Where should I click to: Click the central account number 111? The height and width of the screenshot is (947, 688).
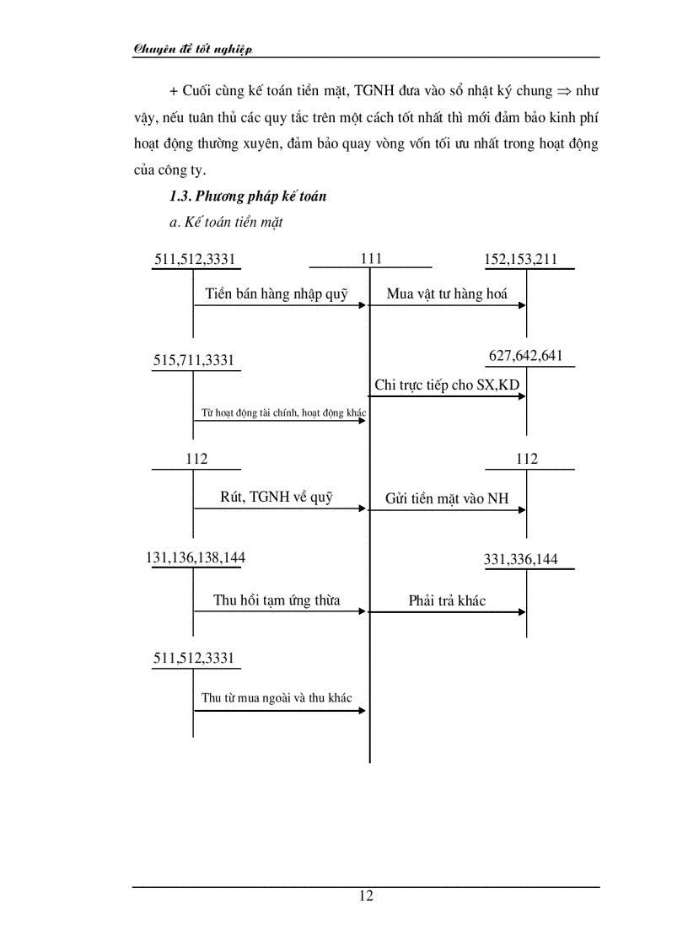(x=371, y=260)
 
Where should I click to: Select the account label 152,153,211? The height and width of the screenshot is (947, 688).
(x=520, y=260)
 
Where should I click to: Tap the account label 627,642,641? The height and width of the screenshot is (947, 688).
(x=525, y=356)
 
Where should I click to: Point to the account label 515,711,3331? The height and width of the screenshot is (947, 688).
(x=194, y=361)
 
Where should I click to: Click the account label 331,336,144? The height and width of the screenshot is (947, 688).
(x=520, y=559)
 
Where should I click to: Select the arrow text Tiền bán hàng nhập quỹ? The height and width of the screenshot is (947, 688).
(x=277, y=294)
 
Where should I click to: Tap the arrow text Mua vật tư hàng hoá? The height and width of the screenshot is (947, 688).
(x=447, y=294)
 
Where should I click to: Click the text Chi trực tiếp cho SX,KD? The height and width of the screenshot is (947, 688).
(x=447, y=385)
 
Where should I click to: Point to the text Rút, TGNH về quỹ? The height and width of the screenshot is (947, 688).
(x=277, y=497)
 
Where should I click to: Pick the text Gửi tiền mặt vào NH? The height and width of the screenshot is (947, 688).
(x=447, y=498)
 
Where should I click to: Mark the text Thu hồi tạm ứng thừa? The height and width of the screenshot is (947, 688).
(x=277, y=600)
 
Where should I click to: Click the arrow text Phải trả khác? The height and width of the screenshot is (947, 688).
(x=447, y=601)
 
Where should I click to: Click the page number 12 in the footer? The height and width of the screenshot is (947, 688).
(x=366, y=896)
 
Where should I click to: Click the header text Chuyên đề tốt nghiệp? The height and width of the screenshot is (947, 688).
(x=193, y=49)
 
